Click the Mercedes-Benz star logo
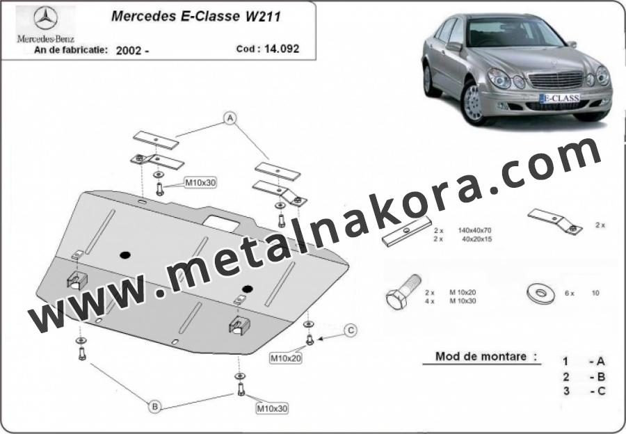pyautogui.click(x=45, y=18)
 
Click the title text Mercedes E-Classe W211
pyautogui.click(x=195, y=17)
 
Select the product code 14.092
pyautogui.click(x=282, y=49)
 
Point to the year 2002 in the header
pyautogui.click(x=128, y=51)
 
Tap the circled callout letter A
pyautogui.click(x=230, y=118)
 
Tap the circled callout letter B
pyautogui.click(x=155, y=407)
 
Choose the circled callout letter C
pyautogui.click(x=351, y=330)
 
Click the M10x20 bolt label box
pyautogui.click(x=286, y=359)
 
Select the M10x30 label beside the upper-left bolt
pyautogui.click(x=200, y=183)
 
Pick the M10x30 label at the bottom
pyautogui.click(x=272, y=408)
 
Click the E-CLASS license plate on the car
pyautogui.click(x=559, y=98)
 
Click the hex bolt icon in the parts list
pyautogui.click(x=403, y=292)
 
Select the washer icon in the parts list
pyautogui.click(x=541, y=294)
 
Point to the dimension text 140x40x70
pyautogui.click(x=474, y=230)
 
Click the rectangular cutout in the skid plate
pyautogui.click(x=222, y=223)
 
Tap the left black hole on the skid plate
pyautogui.click(x=125, y=255)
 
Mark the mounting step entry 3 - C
pyautogui.click(x=584, y=391)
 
